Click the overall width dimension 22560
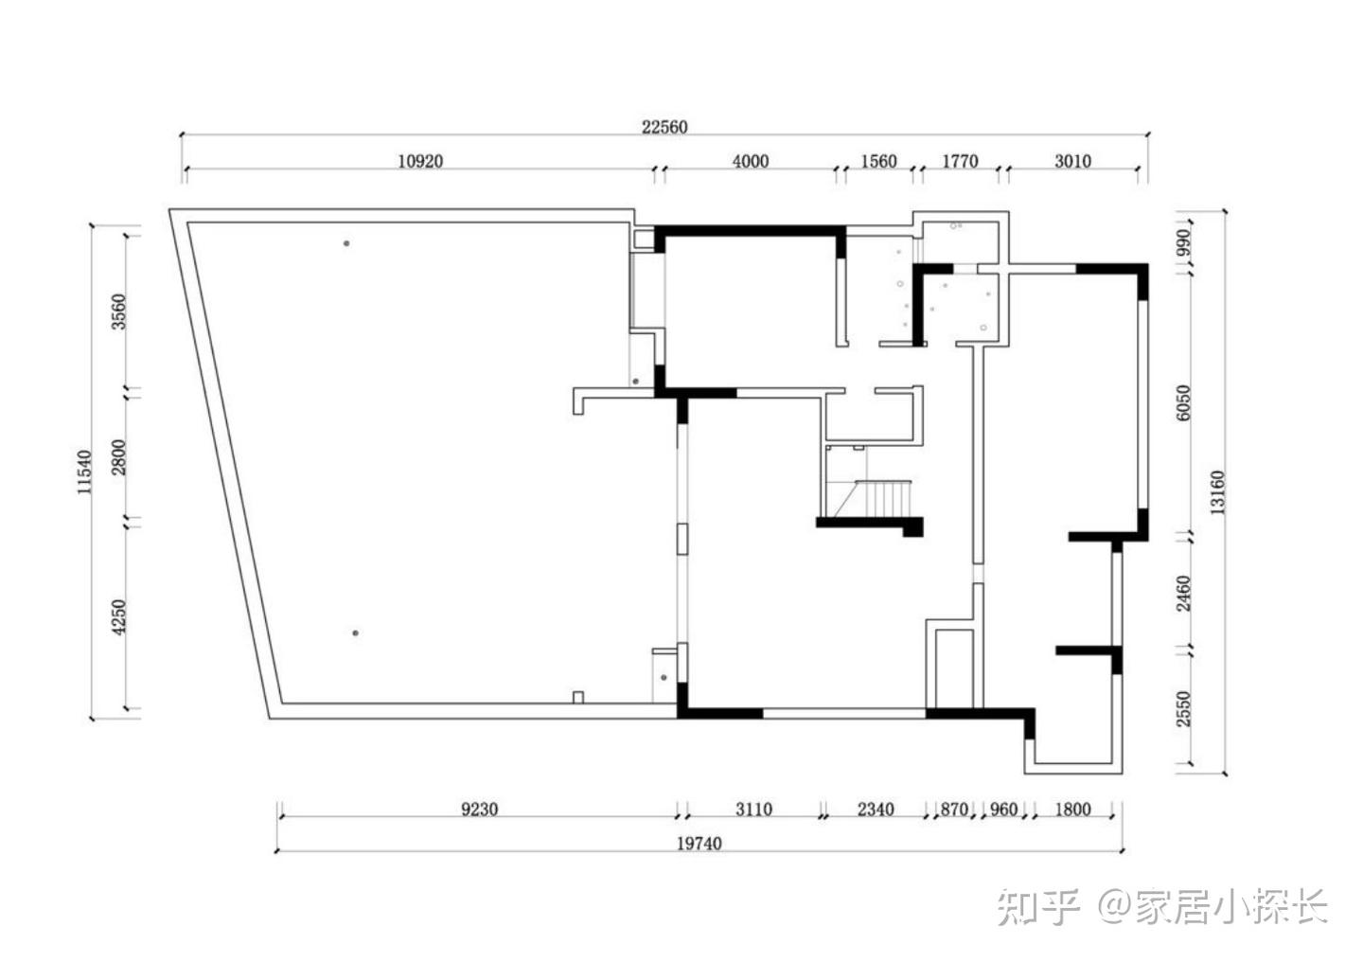pyautogui.click(x=664, y=127)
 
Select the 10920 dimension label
pyautogui.click(x=420, y=161)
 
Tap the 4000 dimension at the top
pyautogui.click(x=751, y=161)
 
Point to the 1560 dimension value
pyautogui.click(x=878, y=161)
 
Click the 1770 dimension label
pyautogui.click(x=960, y=161)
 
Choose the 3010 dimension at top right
pyautogui.click(x=1072, y=161)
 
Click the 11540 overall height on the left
pyautogui.click(x=84, y=472)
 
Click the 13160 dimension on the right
pyautogui.click(x=1217, y=492)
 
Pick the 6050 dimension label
pyautogui.click(x=1183, y=402)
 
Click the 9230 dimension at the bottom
pyautogui.click(x=480, y=810)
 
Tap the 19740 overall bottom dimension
pyautogui.click(x=699, y=844)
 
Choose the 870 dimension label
pyautogui.click(x=954, y=810)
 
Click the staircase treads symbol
pyautogui.click(x=883, y=498)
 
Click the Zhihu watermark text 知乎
pyautogui.click(x=1038, y=906)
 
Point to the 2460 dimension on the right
pyautogui.click(x=1183, y=594)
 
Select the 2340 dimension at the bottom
pyautogui.click(x=876, y=810)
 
